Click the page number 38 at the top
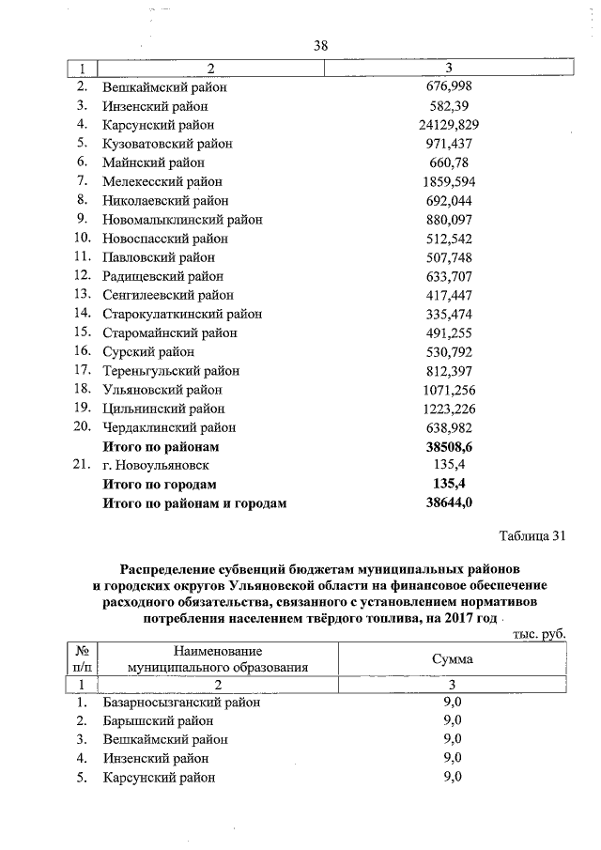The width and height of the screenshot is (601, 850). [x=320, y=45]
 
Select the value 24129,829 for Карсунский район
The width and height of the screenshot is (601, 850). [x=449, y=125]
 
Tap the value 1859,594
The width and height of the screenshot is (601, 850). [x=449, y=181]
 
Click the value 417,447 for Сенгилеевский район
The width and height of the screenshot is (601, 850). [x=449, y=295]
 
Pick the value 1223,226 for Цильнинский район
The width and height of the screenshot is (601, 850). [x=449, y=409]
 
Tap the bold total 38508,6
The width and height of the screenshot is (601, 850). [x=449, y=446]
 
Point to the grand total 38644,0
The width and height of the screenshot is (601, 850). [x=449, y=503]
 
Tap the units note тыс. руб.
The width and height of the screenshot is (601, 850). [x=539, y=634]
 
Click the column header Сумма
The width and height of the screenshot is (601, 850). [x=452, y=659]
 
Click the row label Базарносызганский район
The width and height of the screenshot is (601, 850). [x=180, y=702]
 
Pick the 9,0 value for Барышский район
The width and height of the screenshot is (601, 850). [x=452, y=720]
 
